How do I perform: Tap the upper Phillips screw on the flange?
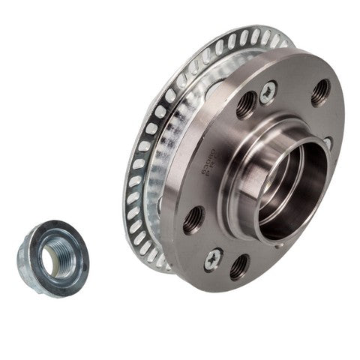point(267,93)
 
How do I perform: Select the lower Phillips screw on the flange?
point(213,259)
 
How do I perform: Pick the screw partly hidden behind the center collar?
point(327,142)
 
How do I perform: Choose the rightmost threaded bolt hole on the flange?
point(320,92)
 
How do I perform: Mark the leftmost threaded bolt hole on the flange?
point(193,220)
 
